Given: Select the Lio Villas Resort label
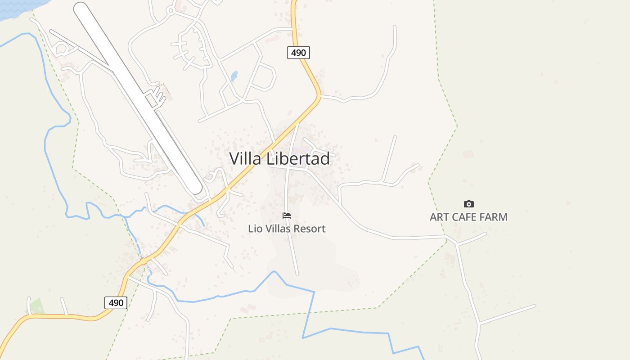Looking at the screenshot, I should (287, 229).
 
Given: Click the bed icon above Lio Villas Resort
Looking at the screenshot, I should (287, 216).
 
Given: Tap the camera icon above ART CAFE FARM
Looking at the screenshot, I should (468, 204).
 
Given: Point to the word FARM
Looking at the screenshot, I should (493, 217).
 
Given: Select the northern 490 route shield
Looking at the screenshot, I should (298, 53).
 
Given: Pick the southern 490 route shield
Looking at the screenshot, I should (116, 303).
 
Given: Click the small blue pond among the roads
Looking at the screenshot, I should (234, 76).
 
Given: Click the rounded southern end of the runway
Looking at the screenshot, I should (196, 188).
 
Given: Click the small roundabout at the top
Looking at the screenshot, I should (170, 10).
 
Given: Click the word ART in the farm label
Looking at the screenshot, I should (439, 217).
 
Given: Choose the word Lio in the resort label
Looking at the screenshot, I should (255, 229).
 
